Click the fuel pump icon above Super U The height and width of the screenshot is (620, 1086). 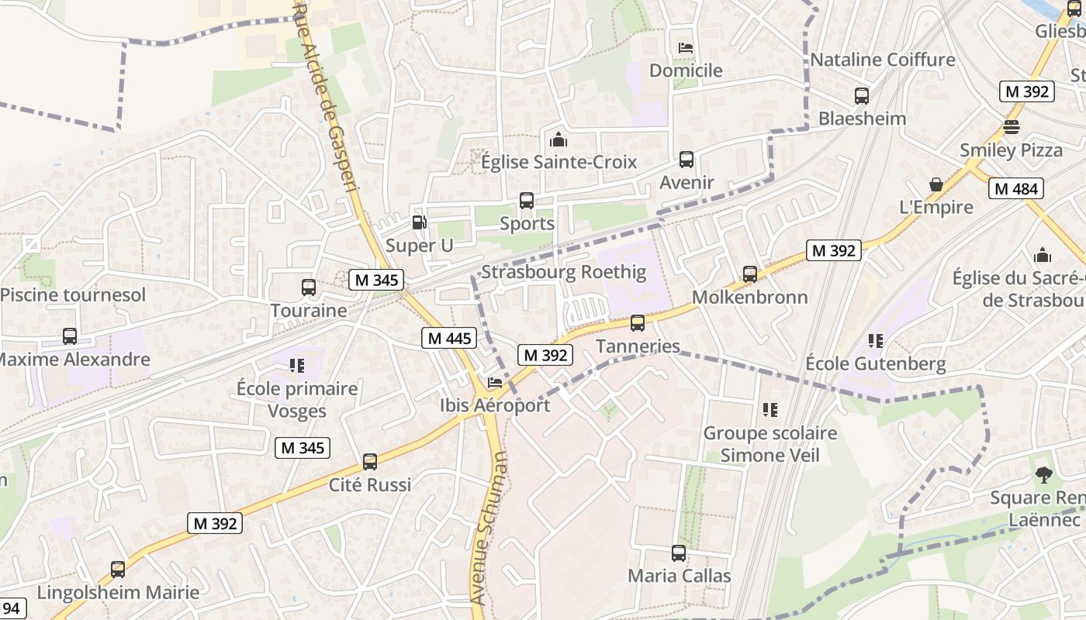pos(419,222)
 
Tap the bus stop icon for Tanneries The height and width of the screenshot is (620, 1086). pos(638,322)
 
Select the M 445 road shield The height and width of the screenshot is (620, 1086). pos(449,338)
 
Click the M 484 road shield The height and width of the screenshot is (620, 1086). pos(1016,188)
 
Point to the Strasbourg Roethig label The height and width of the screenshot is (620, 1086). pos(563,272)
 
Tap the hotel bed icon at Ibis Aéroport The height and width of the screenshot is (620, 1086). pos(495,383)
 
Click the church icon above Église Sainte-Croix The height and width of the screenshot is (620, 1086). pos(558,139)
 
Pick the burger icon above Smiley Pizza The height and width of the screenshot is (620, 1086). pos(1011,126)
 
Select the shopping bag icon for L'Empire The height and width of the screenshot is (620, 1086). pos(936,184)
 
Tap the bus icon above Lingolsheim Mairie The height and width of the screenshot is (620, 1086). pos(118,570)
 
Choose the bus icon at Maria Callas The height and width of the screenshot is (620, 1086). pos(679,553)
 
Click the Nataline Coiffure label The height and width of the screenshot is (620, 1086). pos(883,60)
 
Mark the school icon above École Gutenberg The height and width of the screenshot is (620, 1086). pos(876,340)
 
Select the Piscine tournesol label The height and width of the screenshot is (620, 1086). pos(73,294)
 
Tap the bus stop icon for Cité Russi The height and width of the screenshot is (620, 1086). pos(370,462)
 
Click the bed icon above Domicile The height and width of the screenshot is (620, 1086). pos(686,48)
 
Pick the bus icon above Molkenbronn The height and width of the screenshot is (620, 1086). pos(749,274)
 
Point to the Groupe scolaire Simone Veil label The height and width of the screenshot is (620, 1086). pos(770,444)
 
